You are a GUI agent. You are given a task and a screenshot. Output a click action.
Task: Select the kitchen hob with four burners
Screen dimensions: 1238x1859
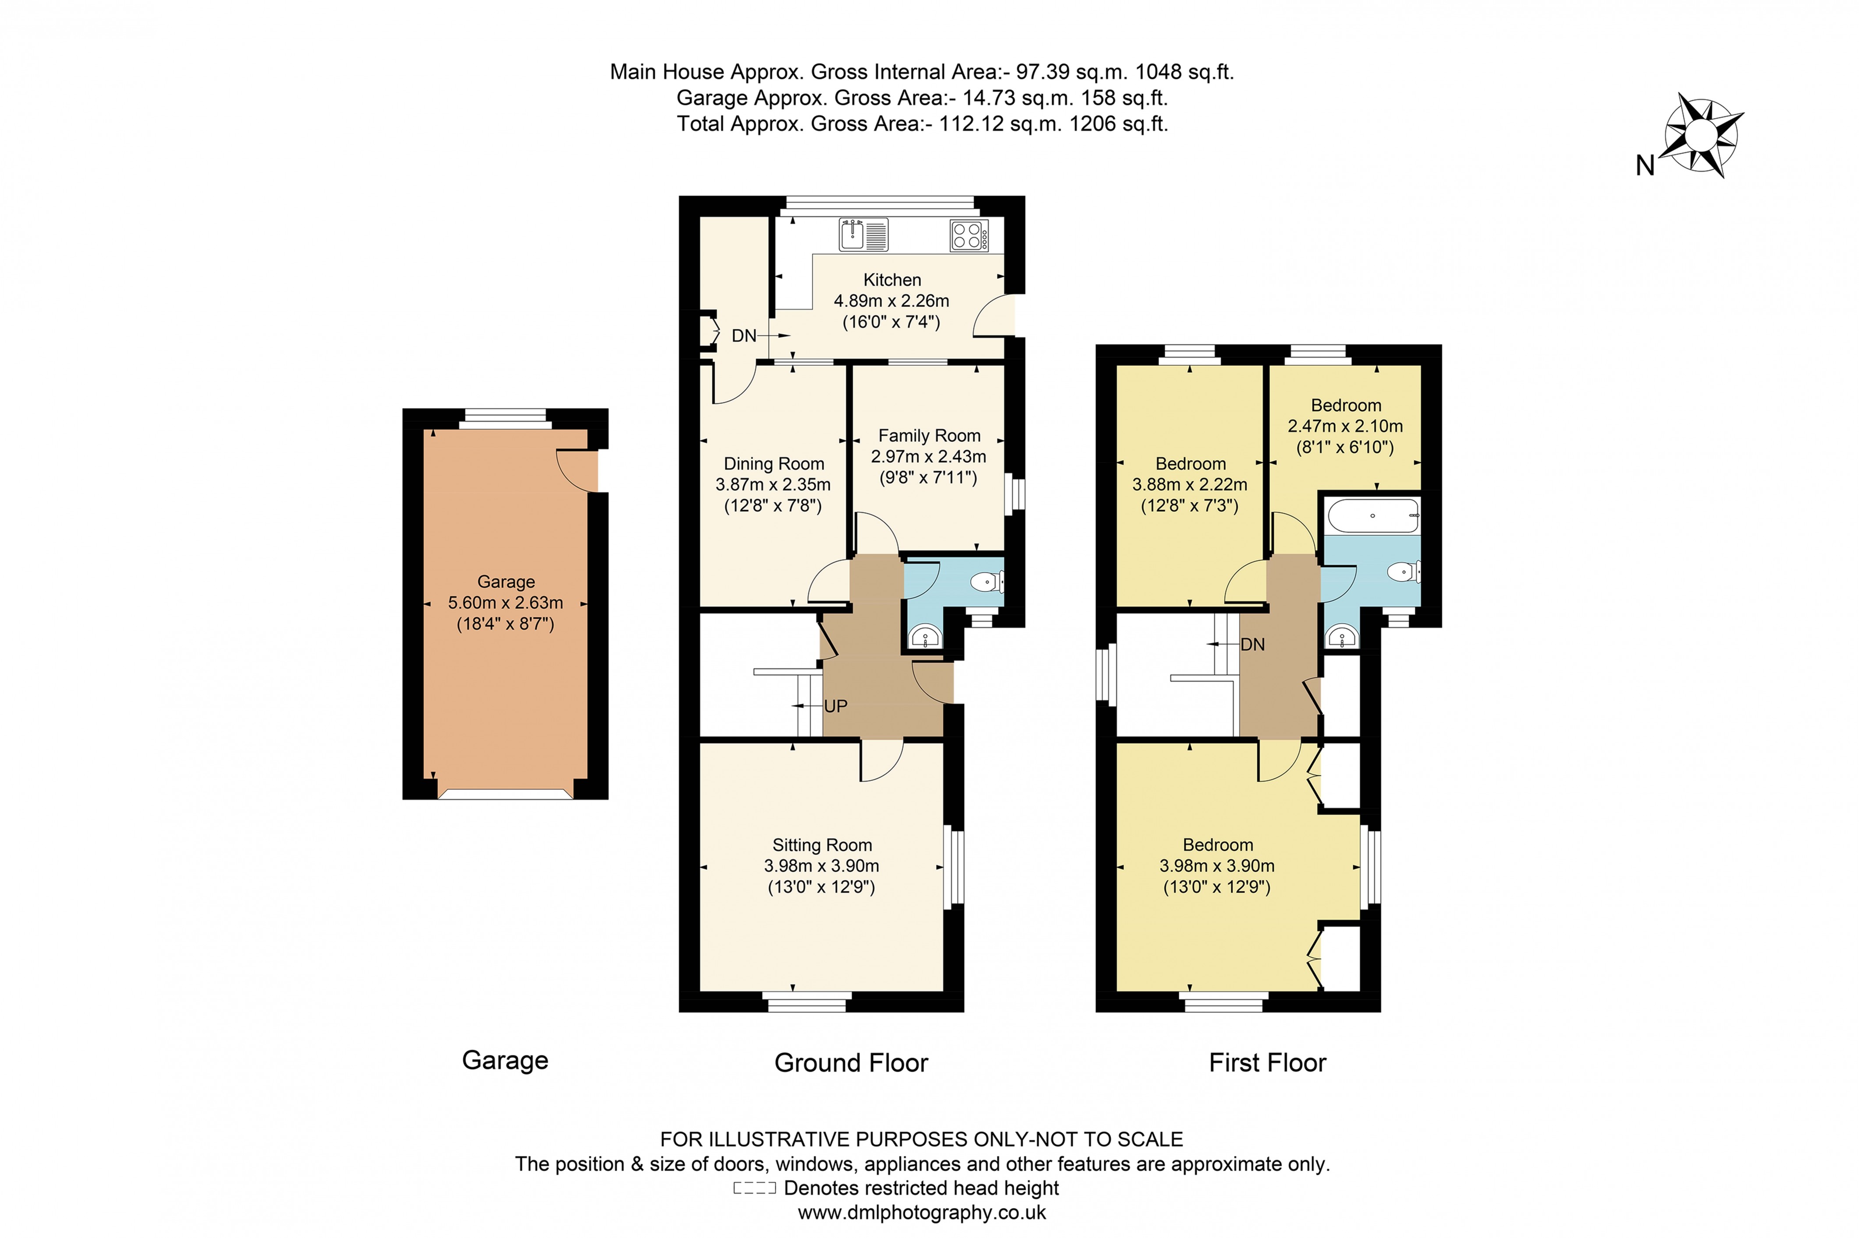point(968,234)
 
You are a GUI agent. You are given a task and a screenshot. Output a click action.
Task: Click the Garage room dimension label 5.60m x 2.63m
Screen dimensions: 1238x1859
point(505,603)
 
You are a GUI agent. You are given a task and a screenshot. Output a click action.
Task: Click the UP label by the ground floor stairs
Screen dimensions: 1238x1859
point(835,706)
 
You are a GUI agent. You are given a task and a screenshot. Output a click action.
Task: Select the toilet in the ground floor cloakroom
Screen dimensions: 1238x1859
point(986,583)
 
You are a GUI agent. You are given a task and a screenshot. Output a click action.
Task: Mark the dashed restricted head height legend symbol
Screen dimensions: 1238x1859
point(754,1188)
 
